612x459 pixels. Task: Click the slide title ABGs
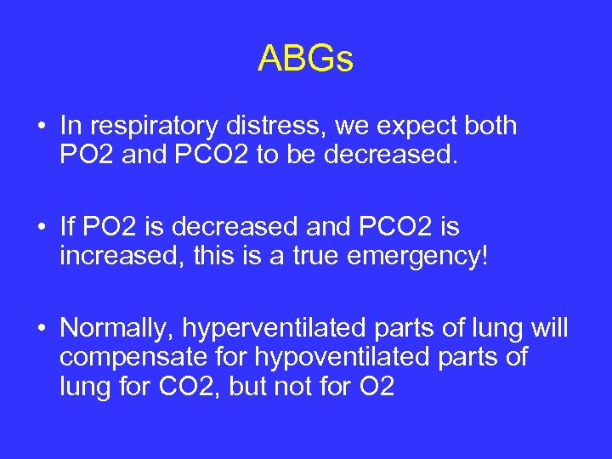(x=305, y=59)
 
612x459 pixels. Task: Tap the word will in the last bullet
(x=548, y=328)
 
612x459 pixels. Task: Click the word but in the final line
(x=250, y=386)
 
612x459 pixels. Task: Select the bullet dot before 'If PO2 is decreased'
(x=41, y=227)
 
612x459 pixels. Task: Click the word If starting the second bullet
(x=67, y=226)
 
